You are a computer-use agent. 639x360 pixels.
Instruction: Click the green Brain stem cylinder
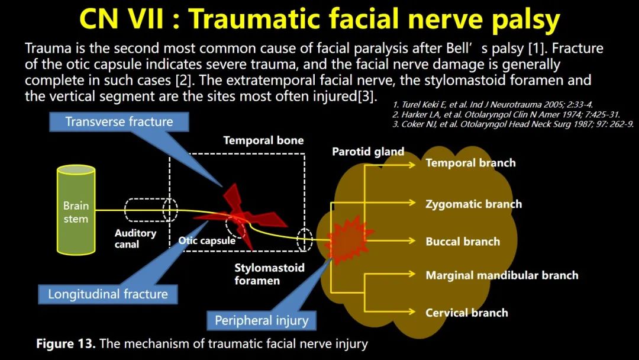76,210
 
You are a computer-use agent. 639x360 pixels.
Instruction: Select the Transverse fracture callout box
119,122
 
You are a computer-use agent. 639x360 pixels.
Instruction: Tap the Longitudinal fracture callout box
108,294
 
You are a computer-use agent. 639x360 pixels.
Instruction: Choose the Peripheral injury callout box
262,320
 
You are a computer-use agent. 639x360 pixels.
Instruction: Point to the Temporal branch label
471,163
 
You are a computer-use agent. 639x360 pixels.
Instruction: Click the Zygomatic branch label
473,204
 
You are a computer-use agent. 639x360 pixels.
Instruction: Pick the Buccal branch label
463,242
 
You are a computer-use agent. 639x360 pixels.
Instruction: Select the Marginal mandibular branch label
502,275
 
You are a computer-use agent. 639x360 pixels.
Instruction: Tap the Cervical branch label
467,313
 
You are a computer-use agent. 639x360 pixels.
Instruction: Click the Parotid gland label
368,152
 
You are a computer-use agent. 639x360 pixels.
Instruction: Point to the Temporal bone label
264,141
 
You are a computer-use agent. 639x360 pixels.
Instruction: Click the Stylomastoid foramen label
269,274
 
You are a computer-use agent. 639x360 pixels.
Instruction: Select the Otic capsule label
206,240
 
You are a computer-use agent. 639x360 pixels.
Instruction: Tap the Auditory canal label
135,239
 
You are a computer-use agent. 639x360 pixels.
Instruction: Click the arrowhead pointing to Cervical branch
411,312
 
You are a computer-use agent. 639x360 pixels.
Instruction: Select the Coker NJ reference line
512,124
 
